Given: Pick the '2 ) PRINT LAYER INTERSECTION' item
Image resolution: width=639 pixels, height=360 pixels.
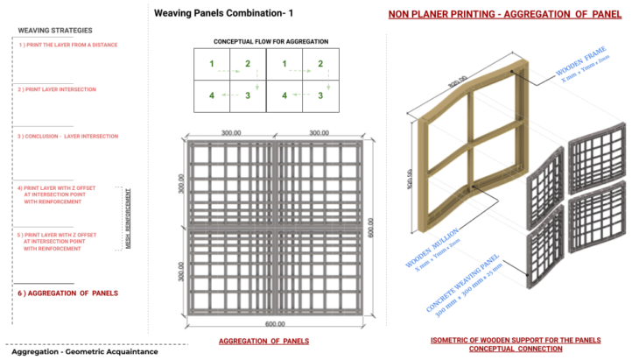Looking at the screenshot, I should click(58, 89).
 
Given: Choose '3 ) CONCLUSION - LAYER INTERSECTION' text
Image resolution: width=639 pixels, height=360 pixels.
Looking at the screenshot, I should click(67, 137).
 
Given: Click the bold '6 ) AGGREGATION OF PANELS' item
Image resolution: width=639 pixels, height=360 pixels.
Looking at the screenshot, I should click(68, 293).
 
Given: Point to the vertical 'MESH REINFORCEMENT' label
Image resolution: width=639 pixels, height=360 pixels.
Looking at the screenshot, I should click(129, 218).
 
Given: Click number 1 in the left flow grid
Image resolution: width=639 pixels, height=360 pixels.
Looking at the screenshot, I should click(211, 64).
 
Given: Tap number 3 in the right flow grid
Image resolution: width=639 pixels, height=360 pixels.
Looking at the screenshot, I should click(320, 95).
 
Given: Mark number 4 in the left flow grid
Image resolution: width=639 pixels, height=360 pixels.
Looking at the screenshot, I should click(211, 95).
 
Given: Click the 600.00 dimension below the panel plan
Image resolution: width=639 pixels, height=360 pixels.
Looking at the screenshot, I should click(274, 323).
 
